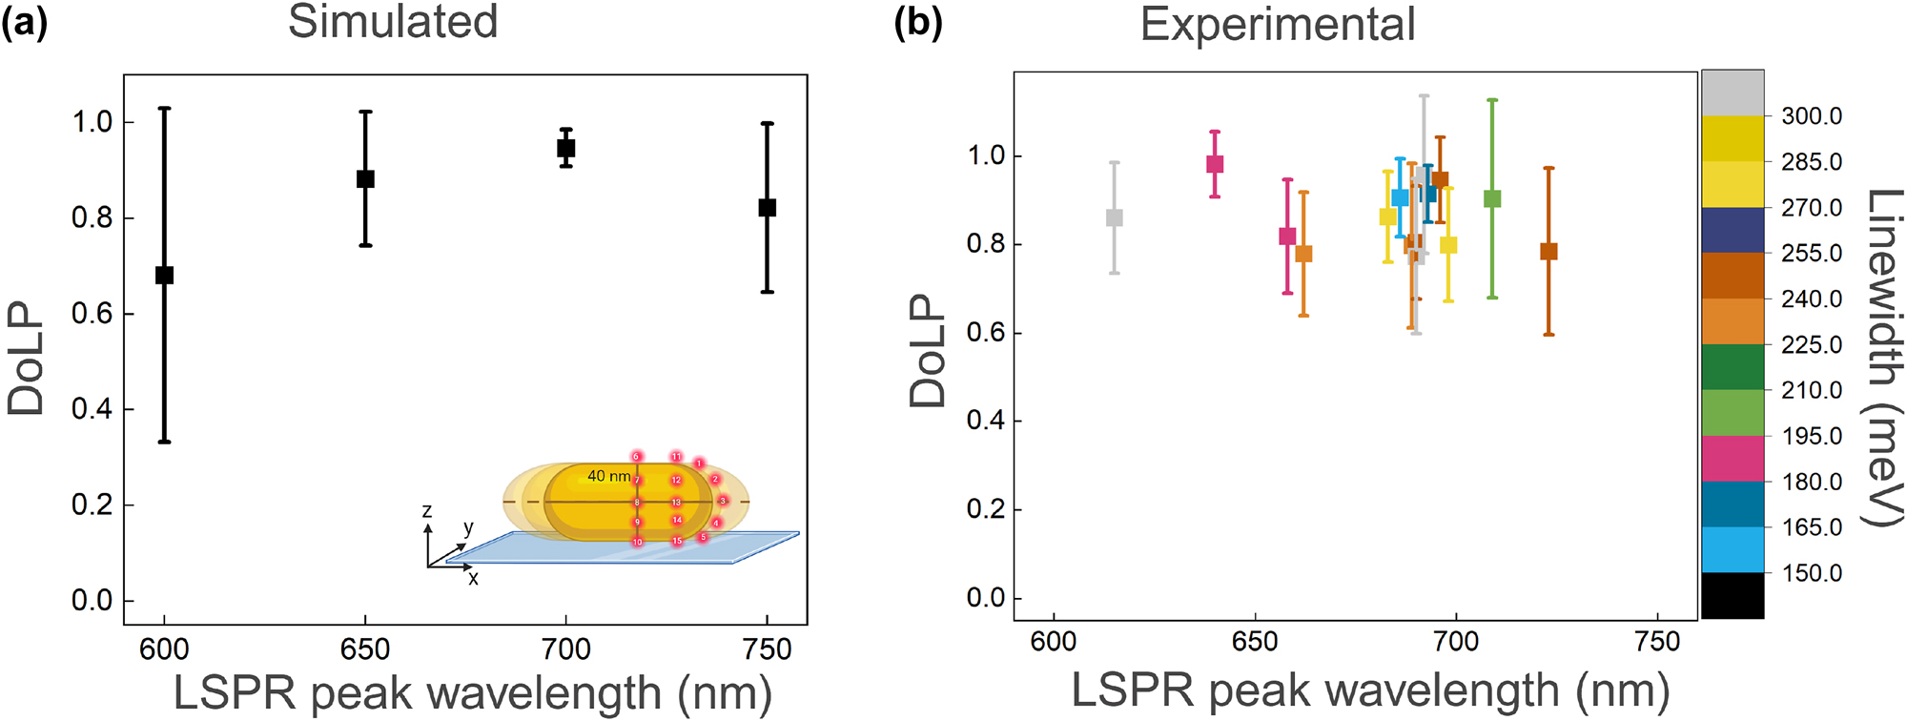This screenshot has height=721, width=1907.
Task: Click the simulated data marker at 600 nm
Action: tap(164, 276)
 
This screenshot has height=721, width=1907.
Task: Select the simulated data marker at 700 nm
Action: tap(566, 148)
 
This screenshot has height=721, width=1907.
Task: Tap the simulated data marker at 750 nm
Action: tap(768, 208)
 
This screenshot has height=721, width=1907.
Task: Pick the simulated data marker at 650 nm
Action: tap(365, 179)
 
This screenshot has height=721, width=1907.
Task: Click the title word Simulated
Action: tap(393, 23)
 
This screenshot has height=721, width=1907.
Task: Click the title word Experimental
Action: tap(1277, 25)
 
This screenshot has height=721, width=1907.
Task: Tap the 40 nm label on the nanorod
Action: tap(608, 476)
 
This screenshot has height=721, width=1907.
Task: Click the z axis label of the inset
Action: tap(427, 512)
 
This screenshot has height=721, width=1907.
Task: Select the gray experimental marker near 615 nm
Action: tap(1114, 218)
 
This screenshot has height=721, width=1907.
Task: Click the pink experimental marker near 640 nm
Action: tap(1215, 164)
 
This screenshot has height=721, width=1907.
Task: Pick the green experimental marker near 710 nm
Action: tap(1492, 199)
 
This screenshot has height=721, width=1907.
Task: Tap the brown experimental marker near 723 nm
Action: tap(1548, 252)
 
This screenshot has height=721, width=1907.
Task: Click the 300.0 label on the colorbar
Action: tap(1812, 116)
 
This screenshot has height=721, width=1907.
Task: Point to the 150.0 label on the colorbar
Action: tap(1812, 573)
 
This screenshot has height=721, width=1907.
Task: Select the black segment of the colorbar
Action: tap(1733, 596)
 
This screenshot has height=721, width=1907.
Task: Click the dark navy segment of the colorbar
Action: tap(1733, 230)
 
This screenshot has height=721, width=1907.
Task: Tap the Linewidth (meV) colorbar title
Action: tap(1884, 358)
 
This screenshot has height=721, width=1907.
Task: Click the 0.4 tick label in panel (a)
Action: tap(92, 409)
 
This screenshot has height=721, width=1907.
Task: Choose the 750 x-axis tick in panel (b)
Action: tap(1657, 642)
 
